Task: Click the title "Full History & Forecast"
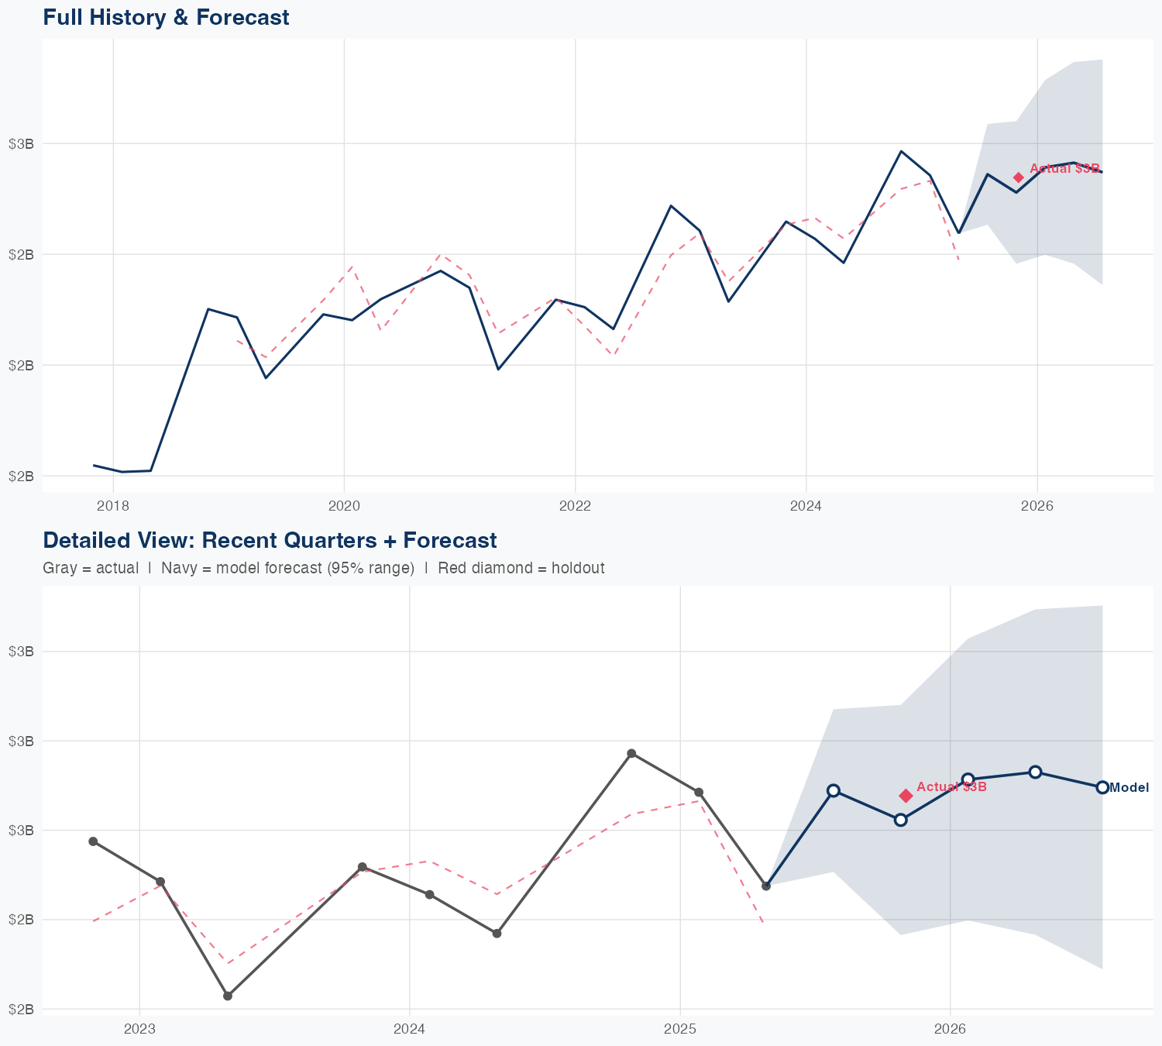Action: pos(166,17)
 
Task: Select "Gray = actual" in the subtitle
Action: pos(91,568)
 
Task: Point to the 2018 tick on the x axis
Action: pos(114,506)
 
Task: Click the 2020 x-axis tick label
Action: pos(344,506)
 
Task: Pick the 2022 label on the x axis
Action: pos(575,506)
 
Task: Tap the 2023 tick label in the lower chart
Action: pos(139,1029)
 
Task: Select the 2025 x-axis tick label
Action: pos(679,1029)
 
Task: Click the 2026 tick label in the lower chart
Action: pos(950,1029)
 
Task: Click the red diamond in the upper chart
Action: pos(1019,177)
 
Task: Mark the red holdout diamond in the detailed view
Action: pos(906,796)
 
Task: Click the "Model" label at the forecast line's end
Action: pos(1129,787)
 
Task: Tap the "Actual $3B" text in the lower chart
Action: pos(951,787)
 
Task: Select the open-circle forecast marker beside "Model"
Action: pos(1102,787)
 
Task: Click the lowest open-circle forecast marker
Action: pos(900,820)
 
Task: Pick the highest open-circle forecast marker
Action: pos(1035,772)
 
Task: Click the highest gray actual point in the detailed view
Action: pos(631,753)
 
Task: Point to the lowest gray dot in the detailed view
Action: pos(228,996)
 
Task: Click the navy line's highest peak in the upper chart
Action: pos(901,151)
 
